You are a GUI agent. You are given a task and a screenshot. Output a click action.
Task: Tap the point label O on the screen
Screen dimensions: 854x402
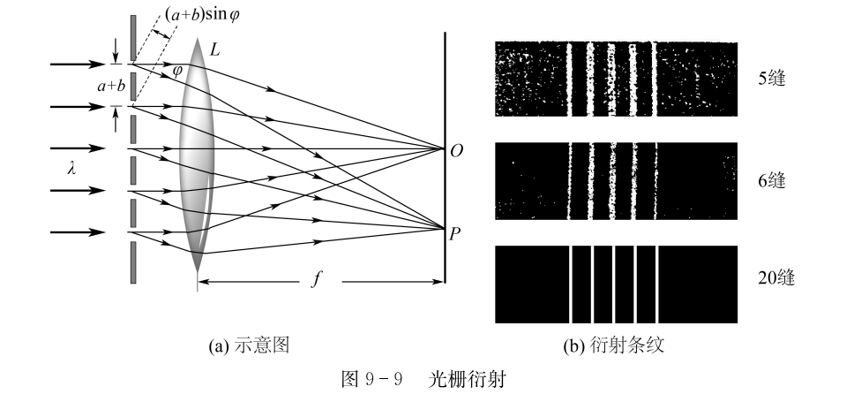[x=457, y=149]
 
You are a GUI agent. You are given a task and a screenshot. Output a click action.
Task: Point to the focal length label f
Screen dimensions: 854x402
[x=317, y=283]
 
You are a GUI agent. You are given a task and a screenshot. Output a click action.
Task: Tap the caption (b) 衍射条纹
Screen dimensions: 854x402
[x=614, y=347]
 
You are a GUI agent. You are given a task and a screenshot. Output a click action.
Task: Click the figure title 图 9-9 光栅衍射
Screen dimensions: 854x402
[x=425, y=383]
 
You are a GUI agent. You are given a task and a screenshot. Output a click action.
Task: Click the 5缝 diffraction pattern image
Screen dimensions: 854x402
[x=615, y=80]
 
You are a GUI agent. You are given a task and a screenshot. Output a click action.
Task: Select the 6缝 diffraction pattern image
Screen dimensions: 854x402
[x=615, y=181]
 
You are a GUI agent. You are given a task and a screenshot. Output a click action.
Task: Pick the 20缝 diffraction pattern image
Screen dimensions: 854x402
[x=615, y=284]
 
